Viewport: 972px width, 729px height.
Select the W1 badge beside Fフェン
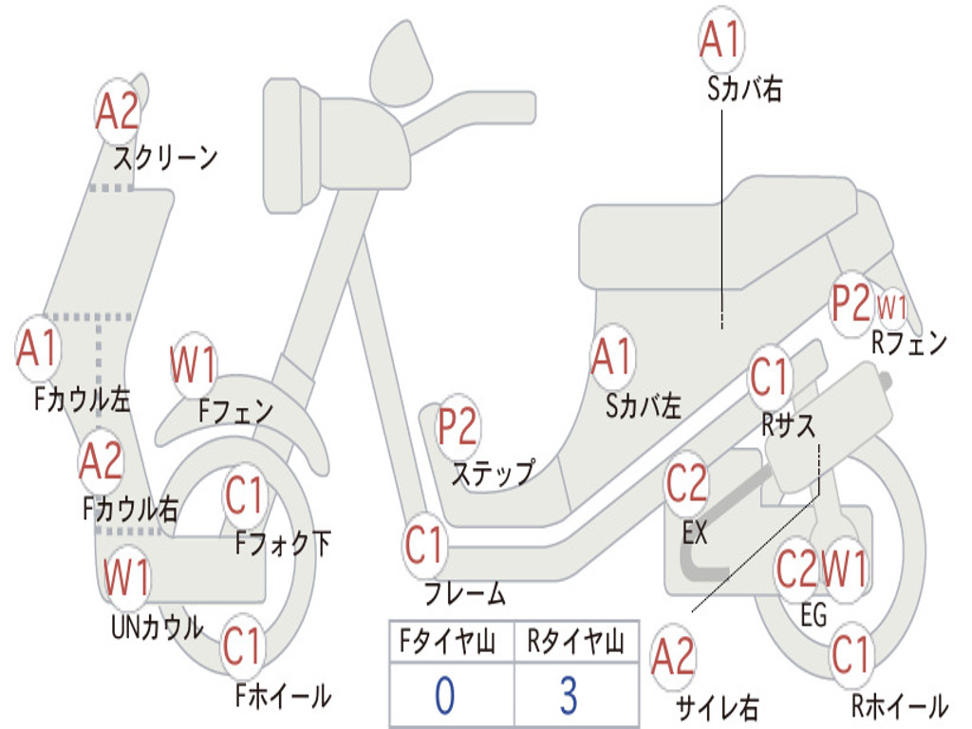(x=194, y=364)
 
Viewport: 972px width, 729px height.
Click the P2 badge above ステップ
(x=458, y=428)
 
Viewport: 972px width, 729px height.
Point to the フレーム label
(x=465, y=595)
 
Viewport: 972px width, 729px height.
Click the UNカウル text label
(x=158, y=626)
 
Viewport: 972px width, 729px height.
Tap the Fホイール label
(x=283, y=696)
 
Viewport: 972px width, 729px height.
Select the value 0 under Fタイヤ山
(x=445, y=695)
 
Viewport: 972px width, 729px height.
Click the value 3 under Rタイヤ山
(x=568, y=695)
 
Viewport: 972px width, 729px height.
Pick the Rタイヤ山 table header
(x=575, y=644)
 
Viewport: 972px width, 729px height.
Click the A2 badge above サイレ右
(x=674, y=658)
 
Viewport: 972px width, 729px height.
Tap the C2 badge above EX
(x=687, y=485)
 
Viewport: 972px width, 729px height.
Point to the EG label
(x=813, y=615)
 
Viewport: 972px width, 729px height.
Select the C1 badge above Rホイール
(x=850, y=655)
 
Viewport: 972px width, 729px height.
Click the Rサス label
(x=789, y=425)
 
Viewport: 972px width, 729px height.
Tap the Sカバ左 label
(x=644, y=406)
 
